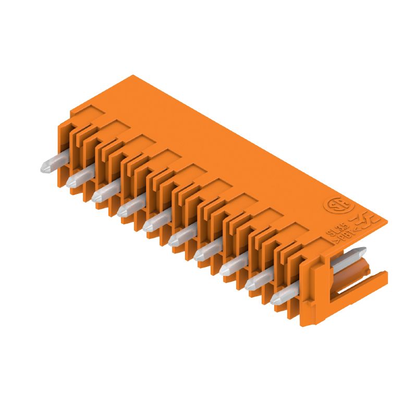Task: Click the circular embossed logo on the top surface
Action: tap(335, 204)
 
